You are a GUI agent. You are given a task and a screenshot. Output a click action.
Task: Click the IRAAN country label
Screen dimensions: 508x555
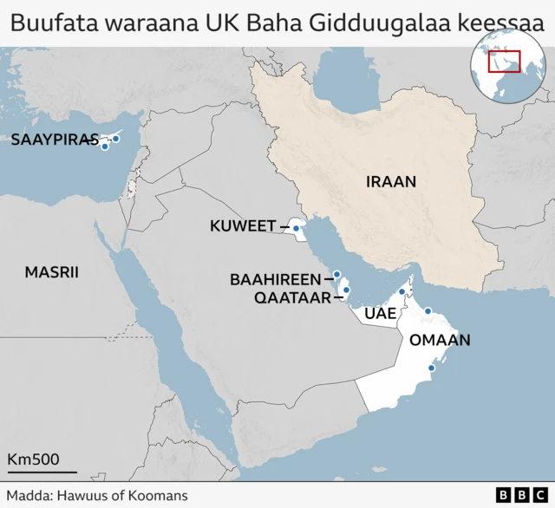point(391,182)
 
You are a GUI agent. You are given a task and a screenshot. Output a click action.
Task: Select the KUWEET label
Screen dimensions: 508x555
point(243,227)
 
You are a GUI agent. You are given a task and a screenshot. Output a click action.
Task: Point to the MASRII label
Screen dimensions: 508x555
point(51,272)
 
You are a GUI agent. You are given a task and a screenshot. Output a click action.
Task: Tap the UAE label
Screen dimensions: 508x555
point(381,313)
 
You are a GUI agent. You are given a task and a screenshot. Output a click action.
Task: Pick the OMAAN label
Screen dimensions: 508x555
point(440,341)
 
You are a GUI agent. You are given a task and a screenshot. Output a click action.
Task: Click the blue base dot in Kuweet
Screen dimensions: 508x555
point(297,229)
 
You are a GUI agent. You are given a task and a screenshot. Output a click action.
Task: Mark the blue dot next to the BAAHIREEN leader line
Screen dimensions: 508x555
point(337,275)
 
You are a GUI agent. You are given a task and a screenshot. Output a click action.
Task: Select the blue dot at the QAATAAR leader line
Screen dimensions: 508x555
point(346,290)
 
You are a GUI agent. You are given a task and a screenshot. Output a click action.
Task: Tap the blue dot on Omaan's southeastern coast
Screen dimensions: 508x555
point(430,368)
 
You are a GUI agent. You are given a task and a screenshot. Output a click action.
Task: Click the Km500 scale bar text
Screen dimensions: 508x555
point(33,459)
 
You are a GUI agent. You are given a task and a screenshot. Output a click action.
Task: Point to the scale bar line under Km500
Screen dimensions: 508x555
point(42,472)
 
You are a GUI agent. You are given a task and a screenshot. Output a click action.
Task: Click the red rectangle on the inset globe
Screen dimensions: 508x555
point(504,62)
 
